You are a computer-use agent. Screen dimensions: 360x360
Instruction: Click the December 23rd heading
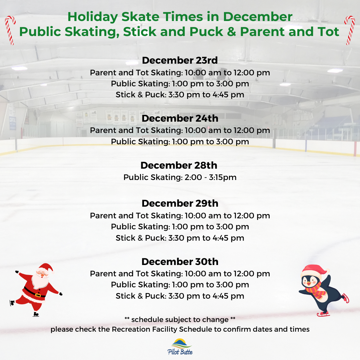click(x=180, y=60)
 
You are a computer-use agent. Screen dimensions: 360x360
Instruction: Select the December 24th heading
click(x=180, y=118)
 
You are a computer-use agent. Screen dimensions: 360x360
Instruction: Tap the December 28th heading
click(x=179, y=165)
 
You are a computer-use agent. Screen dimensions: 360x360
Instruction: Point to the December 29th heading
click(x=180, y=203)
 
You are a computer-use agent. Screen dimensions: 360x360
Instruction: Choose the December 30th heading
click(x=180, y=262)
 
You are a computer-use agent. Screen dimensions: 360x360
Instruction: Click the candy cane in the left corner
click(x=10, y=30)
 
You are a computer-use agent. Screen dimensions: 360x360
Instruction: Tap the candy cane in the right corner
click(x=350, y=30)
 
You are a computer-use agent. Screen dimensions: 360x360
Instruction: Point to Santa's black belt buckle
click(x=38, y=295)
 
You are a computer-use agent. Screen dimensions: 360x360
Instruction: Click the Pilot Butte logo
click(x=180, y=347)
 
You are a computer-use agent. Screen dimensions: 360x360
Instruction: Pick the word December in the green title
click(x=258, y=17)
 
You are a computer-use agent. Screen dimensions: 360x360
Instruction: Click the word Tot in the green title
click(x=329, y=32)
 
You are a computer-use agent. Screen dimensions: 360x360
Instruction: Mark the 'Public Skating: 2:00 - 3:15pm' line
click(x=180, y=177)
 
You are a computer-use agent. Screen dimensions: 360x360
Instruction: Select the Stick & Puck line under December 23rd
click(x=180, y=95)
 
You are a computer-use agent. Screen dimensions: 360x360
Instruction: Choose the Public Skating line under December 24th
click(x=180, y=142)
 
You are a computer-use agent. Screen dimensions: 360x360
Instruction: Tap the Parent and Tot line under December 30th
click(x=180, y=274)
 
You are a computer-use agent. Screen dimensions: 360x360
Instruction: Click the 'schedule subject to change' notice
click(x=180, y=320)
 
